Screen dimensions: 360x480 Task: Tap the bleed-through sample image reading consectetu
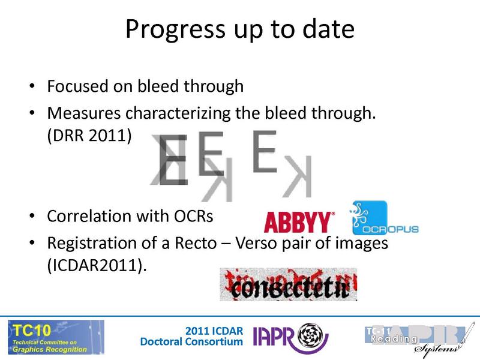coord(288,284)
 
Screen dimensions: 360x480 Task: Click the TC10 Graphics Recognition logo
coord(55,337)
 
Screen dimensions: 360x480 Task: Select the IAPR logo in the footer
coord(291,337)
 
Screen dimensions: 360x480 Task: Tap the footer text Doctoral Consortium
coord(191,342)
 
